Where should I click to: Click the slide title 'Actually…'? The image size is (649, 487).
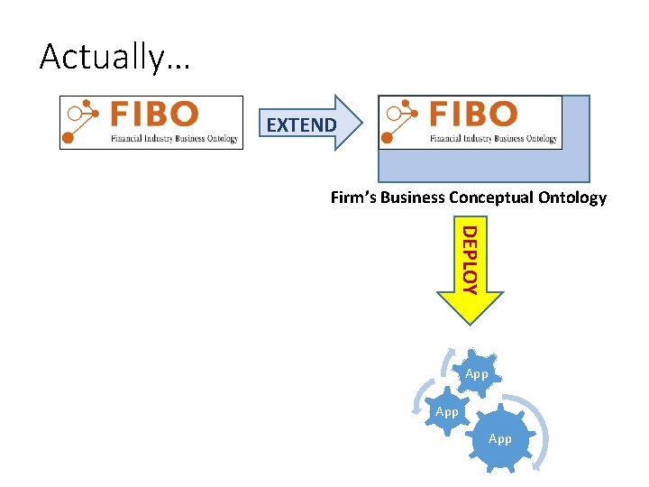tap(103, 57)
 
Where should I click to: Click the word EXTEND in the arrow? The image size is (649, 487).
tap(301, 125)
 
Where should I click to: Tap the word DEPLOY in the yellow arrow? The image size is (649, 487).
tap(469, 260)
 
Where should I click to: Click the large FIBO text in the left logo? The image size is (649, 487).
tap(154, 115)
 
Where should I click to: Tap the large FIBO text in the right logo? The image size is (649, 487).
tap(472, 115)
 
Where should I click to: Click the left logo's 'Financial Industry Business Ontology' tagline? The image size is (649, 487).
tap(174, 139)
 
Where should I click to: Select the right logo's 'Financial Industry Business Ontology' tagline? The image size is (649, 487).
tap(493, 139)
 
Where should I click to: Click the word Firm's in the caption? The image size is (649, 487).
tap(353, 198)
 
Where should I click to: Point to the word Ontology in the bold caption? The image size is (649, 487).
tap(574, 198)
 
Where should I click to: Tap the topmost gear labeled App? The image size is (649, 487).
tap(477, 373)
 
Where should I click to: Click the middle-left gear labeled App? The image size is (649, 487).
tap(446, 411)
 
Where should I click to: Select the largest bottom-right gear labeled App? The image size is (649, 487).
tap(499, 439)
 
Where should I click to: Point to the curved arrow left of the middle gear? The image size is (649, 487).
tap(418, 400)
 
